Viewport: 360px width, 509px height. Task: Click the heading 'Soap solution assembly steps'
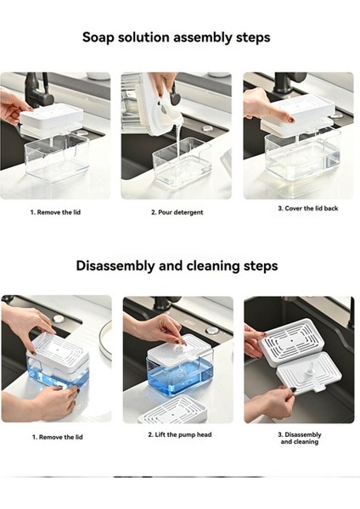point(176,37)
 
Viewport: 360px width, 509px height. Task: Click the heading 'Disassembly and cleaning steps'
point(177,266)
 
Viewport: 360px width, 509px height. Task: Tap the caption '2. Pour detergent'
point(177,212)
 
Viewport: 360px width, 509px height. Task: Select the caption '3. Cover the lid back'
point(307,209)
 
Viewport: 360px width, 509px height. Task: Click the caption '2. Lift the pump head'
point(180,434)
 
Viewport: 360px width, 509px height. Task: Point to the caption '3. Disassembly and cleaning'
point(299,439)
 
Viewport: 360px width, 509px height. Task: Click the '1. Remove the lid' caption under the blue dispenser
point(57,437)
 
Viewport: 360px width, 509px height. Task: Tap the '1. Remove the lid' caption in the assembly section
point(55,212)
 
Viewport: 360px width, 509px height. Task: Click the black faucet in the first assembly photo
point(37,92)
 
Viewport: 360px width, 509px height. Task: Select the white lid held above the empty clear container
point(51,117)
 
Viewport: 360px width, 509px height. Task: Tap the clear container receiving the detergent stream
point(182,161)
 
